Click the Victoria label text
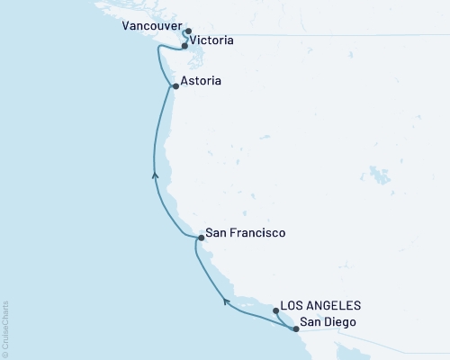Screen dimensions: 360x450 click(213, 40)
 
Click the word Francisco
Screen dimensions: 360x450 click(256, 232)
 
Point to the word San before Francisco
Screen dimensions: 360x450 click(215, 232)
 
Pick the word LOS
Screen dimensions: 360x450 click(294, 306)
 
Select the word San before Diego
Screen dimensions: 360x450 click(310, 322)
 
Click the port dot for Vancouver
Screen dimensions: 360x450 click(187, 31)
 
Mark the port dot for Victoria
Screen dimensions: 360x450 click(184, 45)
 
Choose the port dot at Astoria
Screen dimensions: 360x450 click(175, 87)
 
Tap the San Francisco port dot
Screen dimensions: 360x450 click(200, 238)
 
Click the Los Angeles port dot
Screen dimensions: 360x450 click(276, 310)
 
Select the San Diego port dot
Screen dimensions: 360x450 click(295, 328)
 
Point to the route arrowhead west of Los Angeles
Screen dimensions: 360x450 click(226, 300)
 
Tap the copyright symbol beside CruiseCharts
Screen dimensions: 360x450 click(5, 354)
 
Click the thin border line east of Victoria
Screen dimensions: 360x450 click(315, 35)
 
